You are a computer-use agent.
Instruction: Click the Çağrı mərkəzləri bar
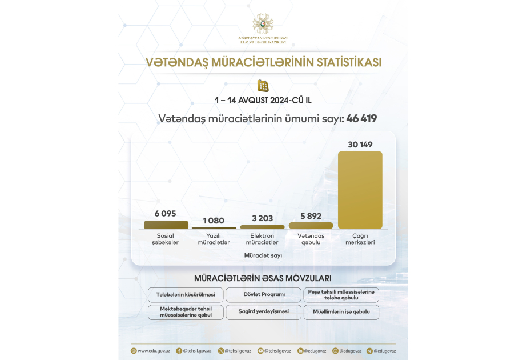pos(360,190)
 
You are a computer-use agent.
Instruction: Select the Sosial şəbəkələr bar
pos(166,225)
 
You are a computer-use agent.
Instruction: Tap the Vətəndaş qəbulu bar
pos(311,226)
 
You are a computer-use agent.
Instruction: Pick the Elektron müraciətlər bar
pos(262,227)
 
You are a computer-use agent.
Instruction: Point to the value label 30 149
pos(360,145)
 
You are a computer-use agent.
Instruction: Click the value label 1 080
pos(214,221)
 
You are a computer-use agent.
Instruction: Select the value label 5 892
pos(311,216)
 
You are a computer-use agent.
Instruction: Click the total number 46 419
pos(361,119)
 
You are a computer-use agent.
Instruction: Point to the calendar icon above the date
pos(263,86)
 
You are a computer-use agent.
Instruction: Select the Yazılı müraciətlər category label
pos(214,239)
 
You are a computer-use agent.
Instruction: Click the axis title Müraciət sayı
pos(263,255)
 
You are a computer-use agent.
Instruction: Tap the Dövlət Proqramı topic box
pos(263,295)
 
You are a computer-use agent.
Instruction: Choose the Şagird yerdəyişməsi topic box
pos(263,311)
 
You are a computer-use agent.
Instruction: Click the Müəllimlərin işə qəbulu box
pos(341,311)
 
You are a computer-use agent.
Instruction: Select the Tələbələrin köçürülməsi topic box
pos(186,295)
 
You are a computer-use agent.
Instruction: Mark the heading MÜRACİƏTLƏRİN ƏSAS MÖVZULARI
pos(263,278)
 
